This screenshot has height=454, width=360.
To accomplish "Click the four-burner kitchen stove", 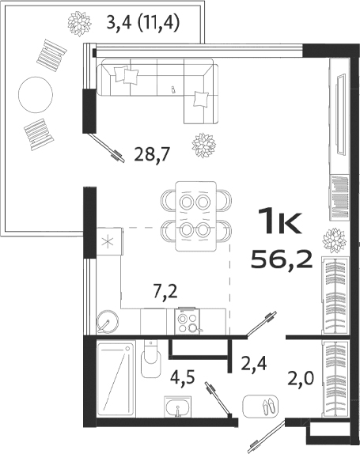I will pyautogui.click(x=188, y=321).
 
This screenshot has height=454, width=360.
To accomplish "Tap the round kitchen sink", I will pyautogui.click(x=107, y=320).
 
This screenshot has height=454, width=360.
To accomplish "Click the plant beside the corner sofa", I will pyautogui.click(x=204, y=145).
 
